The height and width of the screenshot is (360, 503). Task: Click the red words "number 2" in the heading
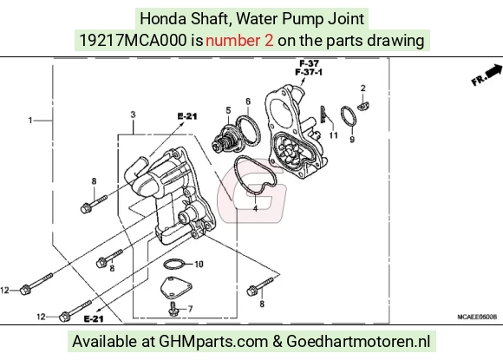(239, 41)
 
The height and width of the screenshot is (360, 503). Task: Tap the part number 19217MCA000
(133, 41)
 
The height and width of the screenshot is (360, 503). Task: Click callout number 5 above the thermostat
(228, 110)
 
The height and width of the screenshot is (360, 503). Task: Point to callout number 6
(248, 101)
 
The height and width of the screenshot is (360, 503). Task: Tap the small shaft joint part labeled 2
(363, 106)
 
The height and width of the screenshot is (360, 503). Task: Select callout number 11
(333, 135)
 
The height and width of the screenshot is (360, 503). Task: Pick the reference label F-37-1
(309, 73)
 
